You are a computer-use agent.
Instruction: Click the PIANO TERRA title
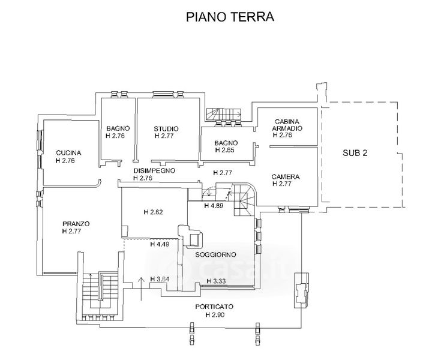click(x=230, y=17)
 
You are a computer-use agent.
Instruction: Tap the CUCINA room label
click(x=68, y=152)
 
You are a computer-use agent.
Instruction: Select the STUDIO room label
click(x=166, y=128)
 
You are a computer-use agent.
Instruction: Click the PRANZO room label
click(x=76, y=224)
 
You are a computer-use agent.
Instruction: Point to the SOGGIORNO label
click(x=214, y=254)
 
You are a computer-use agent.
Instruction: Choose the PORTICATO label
click(x=214, y=307)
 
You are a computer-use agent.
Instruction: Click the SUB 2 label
click(x=356, y=153)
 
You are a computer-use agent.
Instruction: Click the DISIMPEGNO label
click(x=154, y=171)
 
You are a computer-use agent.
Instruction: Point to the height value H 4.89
click(x=214, y=206)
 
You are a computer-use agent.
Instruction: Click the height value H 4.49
click(x=160, y=244)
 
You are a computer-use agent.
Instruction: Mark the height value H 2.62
click(x=154, y=212)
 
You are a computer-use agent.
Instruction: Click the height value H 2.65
click(x=226, y=150)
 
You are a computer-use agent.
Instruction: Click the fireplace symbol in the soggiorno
click(x=192, y=235)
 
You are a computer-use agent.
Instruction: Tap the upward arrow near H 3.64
click(x=140, y=286)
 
